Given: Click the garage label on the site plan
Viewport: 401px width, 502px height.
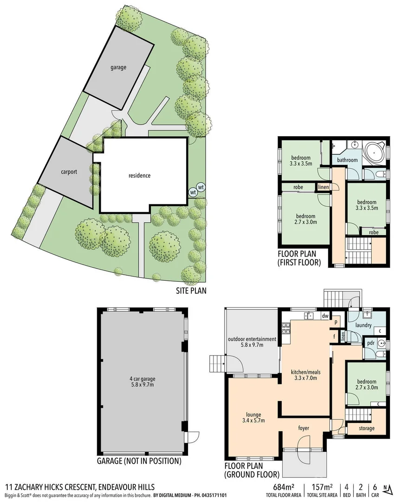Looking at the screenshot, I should [118, 67].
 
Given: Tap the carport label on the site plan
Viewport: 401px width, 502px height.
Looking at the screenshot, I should [68, 172].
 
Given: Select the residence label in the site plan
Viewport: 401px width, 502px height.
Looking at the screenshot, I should [139, 175].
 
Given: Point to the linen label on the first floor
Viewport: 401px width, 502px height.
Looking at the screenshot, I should [323, 187].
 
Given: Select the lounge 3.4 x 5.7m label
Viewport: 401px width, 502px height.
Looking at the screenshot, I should [252, 417].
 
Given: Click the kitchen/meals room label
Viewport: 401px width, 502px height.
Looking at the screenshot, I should [306, 375].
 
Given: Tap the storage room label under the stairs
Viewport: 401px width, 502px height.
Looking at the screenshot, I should [366, 428].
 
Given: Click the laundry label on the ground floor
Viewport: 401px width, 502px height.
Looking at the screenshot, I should [363, 325].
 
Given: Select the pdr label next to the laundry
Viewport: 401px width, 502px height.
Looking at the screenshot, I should [371, 343].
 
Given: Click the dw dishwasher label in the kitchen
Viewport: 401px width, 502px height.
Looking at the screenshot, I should [325, 316].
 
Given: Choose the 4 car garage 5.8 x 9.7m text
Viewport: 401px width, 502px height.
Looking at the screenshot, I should [142, 381].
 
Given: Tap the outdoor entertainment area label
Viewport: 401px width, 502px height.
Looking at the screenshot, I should [252, 342].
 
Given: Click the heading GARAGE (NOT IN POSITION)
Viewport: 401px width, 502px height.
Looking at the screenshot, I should [139, 462].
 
